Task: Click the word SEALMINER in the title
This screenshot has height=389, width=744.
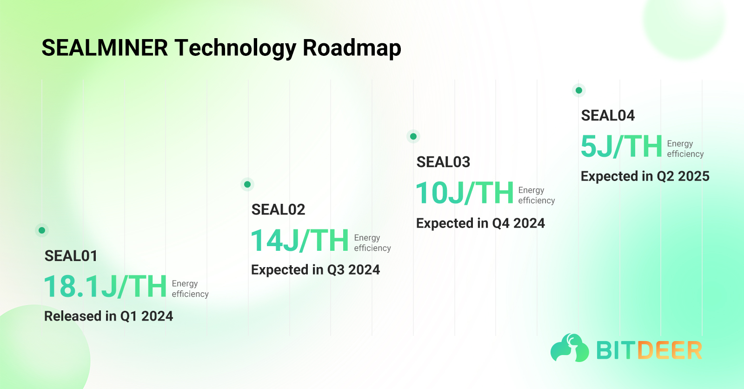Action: pyautogui.click(x=105, y=48)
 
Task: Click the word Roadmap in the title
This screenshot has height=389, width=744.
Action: pyautogui.click(x=352, y=48)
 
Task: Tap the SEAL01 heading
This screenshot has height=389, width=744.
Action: pyautogui.click(x=71, y=256)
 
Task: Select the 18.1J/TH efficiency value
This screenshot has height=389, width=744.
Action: pyautogui.click(x=105, y=287)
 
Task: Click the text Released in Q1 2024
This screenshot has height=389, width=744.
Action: pyautogui.click(x=108, y=316)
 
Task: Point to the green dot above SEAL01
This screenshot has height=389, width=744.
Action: pyautogui.click(x=42, y=230)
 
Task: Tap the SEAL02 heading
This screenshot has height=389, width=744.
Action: pyautogui.click(x=278, y=210)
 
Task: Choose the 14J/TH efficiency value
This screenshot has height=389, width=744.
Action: pyautogui.click(x=299, y=241)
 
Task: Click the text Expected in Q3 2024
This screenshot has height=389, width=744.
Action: pyautogui.click(x=315, y=270)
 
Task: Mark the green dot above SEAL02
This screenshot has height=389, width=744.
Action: pyautogui.click(x=247, y=184)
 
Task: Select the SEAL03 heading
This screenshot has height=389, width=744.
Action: pyautogui.click(x=443, y=162)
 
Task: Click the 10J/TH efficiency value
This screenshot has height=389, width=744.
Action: pyautogui.click(x=465, y=193)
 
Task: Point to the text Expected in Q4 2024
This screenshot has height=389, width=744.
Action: pyautogui.click(x=480, y=223)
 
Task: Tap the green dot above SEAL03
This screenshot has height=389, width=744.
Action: pyautogui.click(x=413, y=136)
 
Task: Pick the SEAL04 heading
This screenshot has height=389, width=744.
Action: pyautogui.click(x=608, y=115)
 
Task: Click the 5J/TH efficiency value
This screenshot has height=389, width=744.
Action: pyautogui.click(x=621, y=147)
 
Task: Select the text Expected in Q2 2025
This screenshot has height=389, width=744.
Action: pyautogui.click(x=645, y=176)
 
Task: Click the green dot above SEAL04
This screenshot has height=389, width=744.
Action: pyautogui.click(x=579, y=90)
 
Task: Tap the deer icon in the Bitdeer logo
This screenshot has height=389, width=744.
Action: pyautogui.click(x=570, y=348)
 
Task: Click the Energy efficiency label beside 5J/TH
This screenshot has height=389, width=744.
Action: pyautogui.click(x=685, y=149)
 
